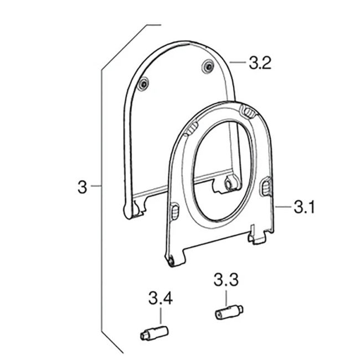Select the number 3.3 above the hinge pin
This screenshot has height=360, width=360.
[x=226, y=280]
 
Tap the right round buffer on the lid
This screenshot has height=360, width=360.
[x=208, y=66]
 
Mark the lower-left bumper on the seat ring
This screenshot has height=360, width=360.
[x=174, y=211]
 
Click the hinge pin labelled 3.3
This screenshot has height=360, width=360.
[x=228, y=312]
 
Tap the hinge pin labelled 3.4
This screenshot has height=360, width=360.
[x=152, y=333]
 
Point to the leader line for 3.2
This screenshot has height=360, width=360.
[x=237, y=63]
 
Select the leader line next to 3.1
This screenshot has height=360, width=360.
[x=283, y=208]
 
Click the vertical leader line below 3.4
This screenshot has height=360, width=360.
[x=161, y=317]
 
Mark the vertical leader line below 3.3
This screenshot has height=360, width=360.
[x=227, y=297]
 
